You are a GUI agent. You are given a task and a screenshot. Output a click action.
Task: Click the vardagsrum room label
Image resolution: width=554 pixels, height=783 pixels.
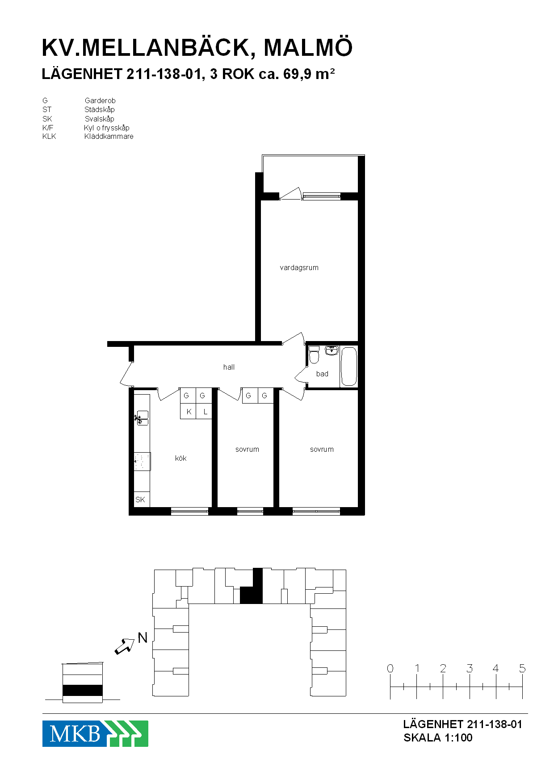(x=299, y=268)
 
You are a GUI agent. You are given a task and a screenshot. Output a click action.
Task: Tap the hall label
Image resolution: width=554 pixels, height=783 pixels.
(x=229, y=367)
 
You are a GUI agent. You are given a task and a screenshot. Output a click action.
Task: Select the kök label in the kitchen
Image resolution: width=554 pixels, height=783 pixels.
(x=180, y=458)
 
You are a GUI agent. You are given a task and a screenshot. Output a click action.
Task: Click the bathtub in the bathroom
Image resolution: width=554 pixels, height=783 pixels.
(x=349, y=367)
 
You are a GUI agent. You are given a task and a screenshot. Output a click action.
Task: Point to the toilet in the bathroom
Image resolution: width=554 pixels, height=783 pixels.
(x=314, y=355)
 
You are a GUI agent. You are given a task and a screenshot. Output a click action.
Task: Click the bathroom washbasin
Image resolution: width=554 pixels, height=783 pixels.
(x=331, y=350)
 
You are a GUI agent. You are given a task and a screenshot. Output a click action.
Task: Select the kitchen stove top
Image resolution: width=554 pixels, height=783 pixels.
(x=142, y=462)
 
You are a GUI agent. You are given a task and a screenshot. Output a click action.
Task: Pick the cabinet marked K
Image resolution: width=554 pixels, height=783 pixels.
(x=188, y=411)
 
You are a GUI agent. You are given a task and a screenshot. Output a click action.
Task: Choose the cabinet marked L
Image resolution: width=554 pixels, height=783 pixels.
(x=204, y=411)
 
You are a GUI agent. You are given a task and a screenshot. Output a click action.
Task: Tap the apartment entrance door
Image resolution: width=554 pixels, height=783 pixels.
(x=127, y=374)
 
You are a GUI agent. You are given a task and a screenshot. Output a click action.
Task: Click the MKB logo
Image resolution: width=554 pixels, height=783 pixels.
(x=95, y=733)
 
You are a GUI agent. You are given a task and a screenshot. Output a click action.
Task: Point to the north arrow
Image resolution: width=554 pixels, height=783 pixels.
(x=125, y=646)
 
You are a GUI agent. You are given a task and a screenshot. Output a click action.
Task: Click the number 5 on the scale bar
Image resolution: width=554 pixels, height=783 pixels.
(x=522, y=668)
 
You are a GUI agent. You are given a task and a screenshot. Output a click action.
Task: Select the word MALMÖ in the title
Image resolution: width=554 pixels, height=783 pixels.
(x=308, y=47)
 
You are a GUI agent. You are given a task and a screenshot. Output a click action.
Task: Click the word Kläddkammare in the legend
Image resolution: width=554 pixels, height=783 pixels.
(x=109, y=137)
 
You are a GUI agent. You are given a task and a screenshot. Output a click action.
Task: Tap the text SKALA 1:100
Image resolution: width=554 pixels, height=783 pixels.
(x=438, y=737)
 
